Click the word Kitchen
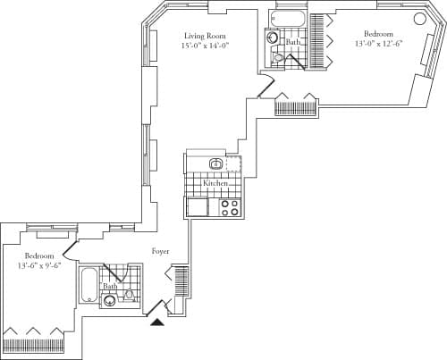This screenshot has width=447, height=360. tap(215, 183)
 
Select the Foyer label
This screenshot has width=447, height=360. tap(160, 251)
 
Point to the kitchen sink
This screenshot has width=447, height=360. tap(215, 163)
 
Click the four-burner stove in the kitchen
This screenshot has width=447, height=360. tap(229, 207)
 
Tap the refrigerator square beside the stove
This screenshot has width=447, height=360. tap(198, 207)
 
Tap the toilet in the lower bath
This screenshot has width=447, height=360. tap(129, 294)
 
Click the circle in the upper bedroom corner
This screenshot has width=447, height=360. tap(418, 19)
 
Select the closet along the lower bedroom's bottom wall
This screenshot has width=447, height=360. tap(35, 343)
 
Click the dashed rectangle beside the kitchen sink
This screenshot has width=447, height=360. tap(234, 163)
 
